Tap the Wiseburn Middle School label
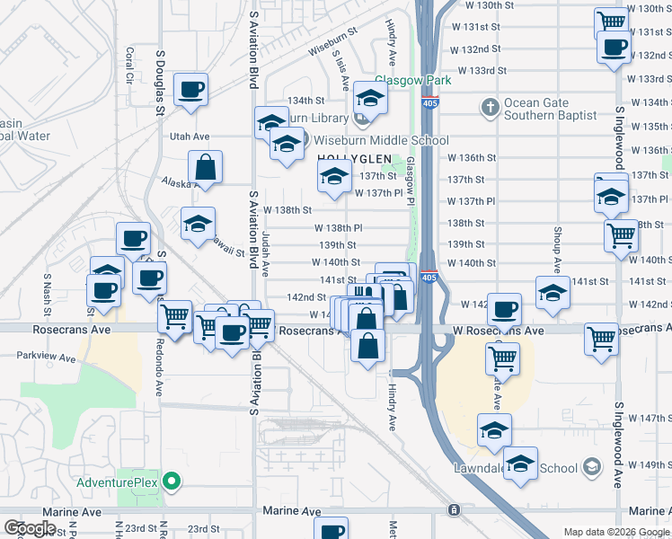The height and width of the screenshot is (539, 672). tap(379, 140)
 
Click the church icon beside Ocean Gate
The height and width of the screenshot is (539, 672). tap(490, 108)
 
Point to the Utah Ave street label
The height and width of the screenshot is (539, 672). tap(190, 137)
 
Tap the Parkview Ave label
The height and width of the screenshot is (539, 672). tap(38, 355)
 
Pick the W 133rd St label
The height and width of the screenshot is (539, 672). tap(482, 70)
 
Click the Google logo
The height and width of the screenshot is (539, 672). tap(31, 528)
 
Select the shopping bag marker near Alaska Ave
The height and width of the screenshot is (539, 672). tap(206, 167)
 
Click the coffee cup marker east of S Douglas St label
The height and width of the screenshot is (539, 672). tap(191, 90)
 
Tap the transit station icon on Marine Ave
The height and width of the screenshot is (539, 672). tap(455, 510)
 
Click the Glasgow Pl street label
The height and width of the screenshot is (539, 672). tap(410, 180)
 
